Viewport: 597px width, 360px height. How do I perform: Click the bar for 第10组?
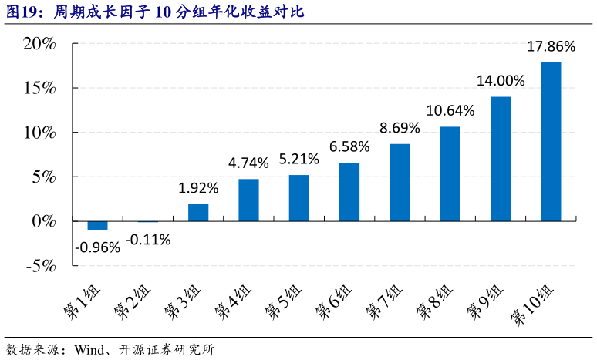point(551,141)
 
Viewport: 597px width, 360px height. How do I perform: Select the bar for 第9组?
point(501,159)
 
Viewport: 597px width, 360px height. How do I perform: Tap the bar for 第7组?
point(400,182)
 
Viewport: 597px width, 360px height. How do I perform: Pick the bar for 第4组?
point(248,200)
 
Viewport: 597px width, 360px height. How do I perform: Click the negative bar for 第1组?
point(97,225)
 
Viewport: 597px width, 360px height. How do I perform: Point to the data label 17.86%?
point(551,47)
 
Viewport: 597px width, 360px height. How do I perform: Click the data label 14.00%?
point(501,81)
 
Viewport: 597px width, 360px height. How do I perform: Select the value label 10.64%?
point(450,110)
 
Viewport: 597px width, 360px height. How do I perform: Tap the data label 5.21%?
point(298,160)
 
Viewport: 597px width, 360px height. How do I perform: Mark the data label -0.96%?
point(97,247)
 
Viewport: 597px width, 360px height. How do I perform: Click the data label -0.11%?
point(147,239)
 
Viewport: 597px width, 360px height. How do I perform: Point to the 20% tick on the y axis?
point(39,44)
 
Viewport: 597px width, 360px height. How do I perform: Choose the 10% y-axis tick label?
point(39,133)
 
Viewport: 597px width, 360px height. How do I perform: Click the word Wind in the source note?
point(89,348)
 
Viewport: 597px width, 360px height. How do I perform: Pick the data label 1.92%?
point(198,188)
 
